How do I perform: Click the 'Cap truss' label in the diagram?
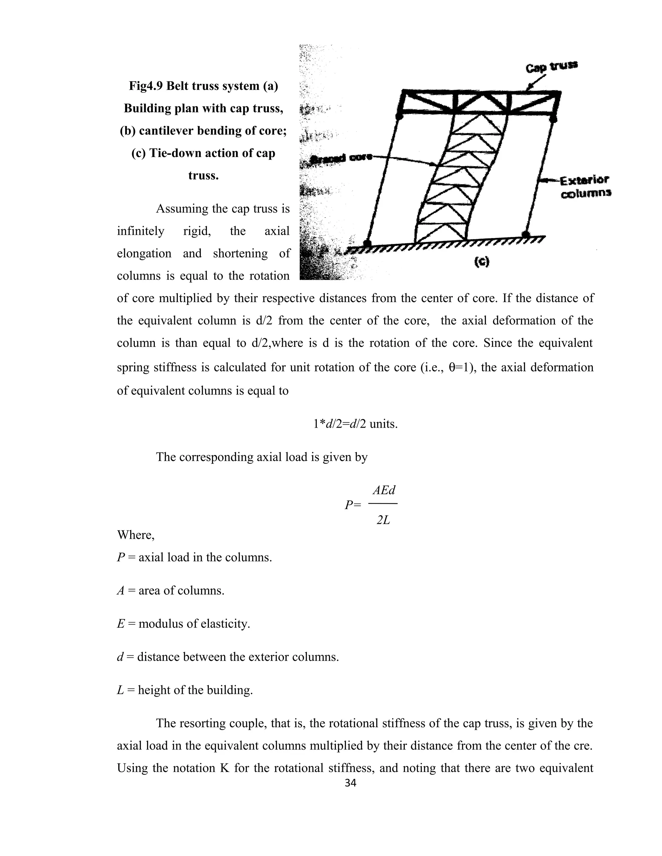tap(551, 67)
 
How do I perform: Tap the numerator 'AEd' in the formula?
tap(384, 490)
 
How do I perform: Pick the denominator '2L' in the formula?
tap(383, 520)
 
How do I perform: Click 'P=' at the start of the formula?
tap(352, 506)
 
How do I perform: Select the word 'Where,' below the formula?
tap(136, 535)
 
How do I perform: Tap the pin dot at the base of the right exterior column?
tap(526, 235)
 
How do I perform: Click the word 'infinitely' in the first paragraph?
tap(140, 231)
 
